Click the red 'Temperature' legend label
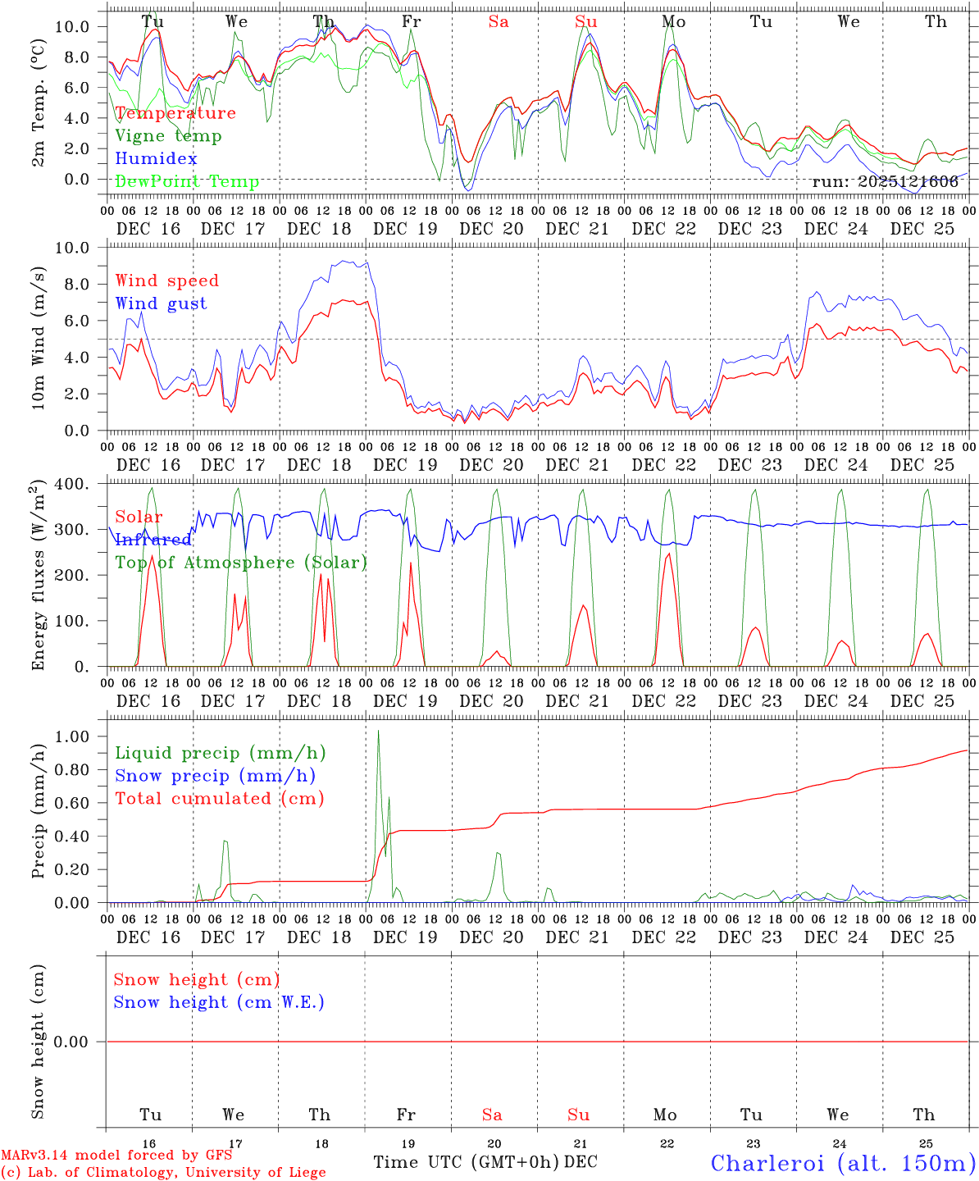tap(175, 113)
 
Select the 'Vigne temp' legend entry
tap(168, 136)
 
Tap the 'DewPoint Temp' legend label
tap(187, 182)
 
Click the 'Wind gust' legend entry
tap(161, 303)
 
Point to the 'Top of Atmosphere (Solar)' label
tap(241, 563)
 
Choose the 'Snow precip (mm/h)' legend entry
tap(215, 776)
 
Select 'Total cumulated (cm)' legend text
tap(220, 799)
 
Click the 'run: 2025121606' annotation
tap(885, 182)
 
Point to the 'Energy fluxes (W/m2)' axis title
tap(38, 577)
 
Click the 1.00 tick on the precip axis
tap(81, 736)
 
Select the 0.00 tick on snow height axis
tap(81, 1042)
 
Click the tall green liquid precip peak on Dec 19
tap(378, 732)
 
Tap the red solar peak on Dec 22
tap(669, 555)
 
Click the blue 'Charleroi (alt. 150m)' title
tap(842, 1163)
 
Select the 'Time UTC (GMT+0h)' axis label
tap(467, 1162)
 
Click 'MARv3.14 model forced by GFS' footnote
tap(116, 1156)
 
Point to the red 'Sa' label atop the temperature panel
tap(499, 22)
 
